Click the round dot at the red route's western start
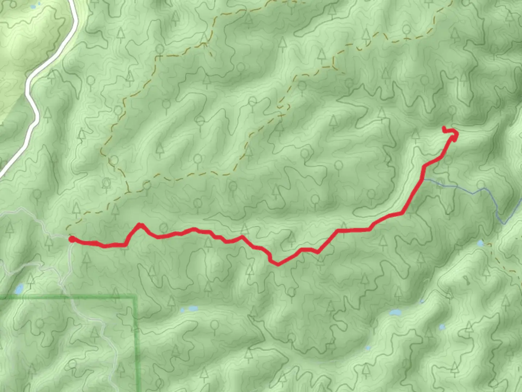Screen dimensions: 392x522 point(72,239)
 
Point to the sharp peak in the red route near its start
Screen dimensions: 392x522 point(140,225)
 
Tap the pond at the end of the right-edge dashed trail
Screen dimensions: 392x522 point(481,243)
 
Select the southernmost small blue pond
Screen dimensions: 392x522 point(368,348)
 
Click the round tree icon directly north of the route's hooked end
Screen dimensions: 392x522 point(452,110)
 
